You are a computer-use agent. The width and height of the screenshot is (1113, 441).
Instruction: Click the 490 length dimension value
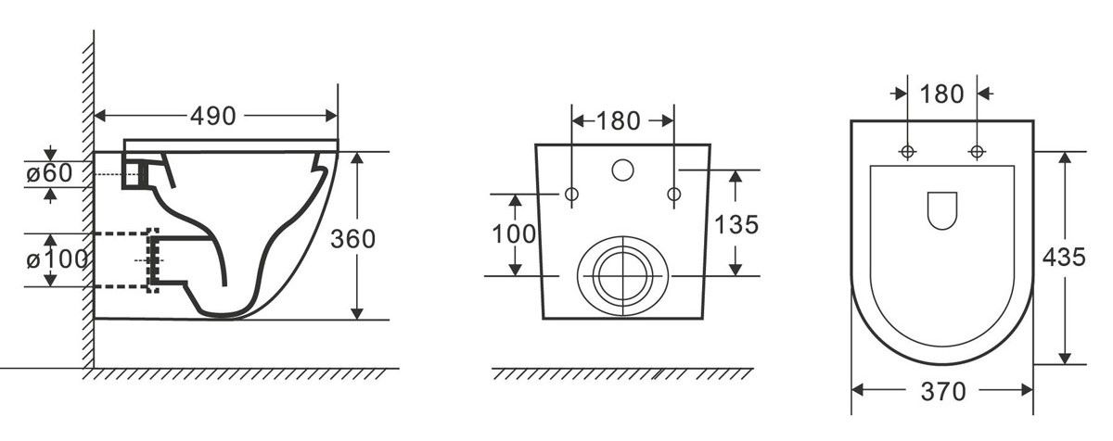tap(213, 116)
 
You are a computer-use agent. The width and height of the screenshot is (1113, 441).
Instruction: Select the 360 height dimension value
tap(352, 239)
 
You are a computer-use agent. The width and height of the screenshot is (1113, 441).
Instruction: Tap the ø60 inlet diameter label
tap(49, 173)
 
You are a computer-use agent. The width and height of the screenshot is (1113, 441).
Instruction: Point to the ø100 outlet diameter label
tap(57, 258)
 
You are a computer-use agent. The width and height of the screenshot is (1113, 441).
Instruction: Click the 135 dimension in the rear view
tap(736, 225)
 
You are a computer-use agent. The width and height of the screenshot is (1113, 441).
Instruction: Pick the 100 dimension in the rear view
tap(514, 234)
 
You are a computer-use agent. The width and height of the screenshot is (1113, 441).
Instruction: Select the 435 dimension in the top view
tap(1064, 258)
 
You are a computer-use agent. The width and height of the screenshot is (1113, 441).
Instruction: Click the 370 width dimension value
tap(943, 392)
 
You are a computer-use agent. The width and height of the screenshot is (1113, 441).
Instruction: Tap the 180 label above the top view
tap(941, 94)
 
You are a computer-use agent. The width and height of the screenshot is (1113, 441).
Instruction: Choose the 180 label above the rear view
tap(618, 121)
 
